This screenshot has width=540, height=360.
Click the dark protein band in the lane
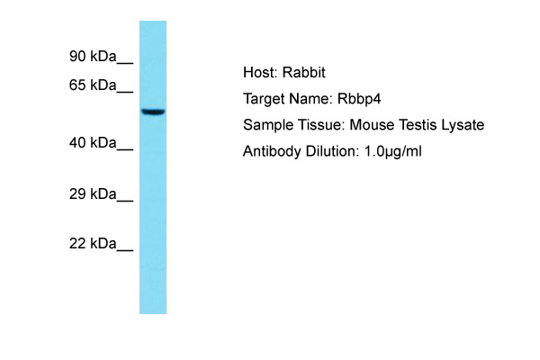pyautogui.click(x=153, y=112)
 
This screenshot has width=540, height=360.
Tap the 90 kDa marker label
pyautogui.click(x=93, y=56)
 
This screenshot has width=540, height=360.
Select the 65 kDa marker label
pyautogui.click(x=93, y=85)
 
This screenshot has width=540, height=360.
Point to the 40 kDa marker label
pyautogui.click(x=93, y=142)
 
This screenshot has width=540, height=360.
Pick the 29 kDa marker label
pyautogui.click(x=93, y=194)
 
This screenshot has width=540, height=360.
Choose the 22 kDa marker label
pyautogui.click(x=93, y=244)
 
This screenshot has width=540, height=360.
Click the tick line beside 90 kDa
pyautogui.click(x=125, y=63)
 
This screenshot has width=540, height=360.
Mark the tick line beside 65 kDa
pyautogui.click(x=125, y=92)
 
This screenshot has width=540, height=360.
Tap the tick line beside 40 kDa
pyautogui.click(x=125, y=149)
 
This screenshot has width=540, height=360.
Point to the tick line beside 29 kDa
pyautogui.click(x=125, y=201)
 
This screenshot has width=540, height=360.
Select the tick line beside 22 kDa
pyautogui.click(x=125, y=250)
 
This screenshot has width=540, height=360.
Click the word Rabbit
pyautogui.click(x=304, y=72)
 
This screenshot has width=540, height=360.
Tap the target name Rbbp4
pyautogui.click(x=359, y=99)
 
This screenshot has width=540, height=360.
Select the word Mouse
pyautogui.click(x=372, y=125)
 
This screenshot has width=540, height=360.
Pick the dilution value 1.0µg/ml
pyautogui.click(x=392, y=151)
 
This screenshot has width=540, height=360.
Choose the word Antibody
pyautogui.click(x=272, y=151)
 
